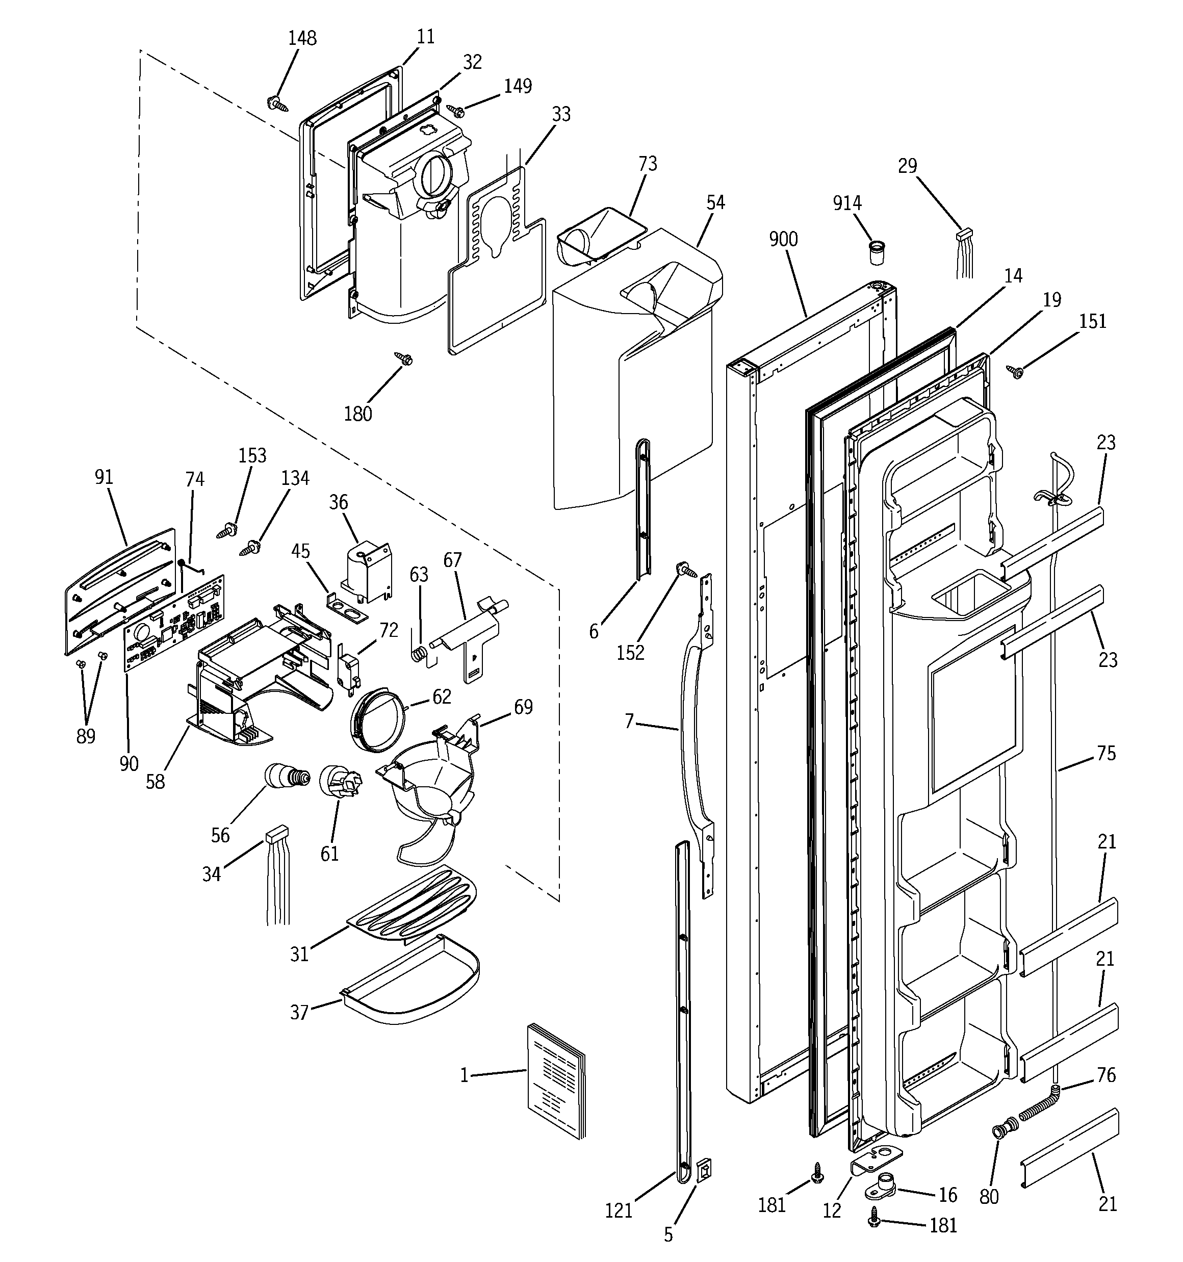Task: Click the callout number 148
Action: pyautogui.click(x=302, y=38)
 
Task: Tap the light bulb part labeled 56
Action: pyautogui.click(x=286, y=777)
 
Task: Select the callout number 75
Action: pyautogui.click(x=1105, y=753)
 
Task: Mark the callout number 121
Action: pyautogui.click(x=619, y=1211)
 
